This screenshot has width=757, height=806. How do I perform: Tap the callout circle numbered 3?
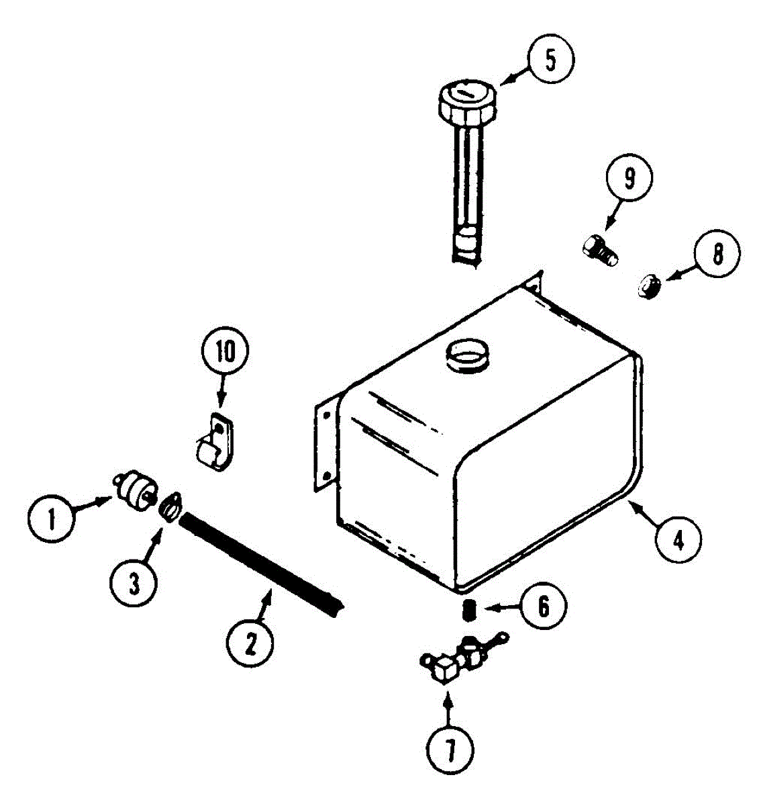(134, 584)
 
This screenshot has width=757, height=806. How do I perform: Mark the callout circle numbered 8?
(717, 255)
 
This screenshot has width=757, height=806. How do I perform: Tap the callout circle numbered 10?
(225, 354)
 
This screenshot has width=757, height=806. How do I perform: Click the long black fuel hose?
(262, 561)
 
